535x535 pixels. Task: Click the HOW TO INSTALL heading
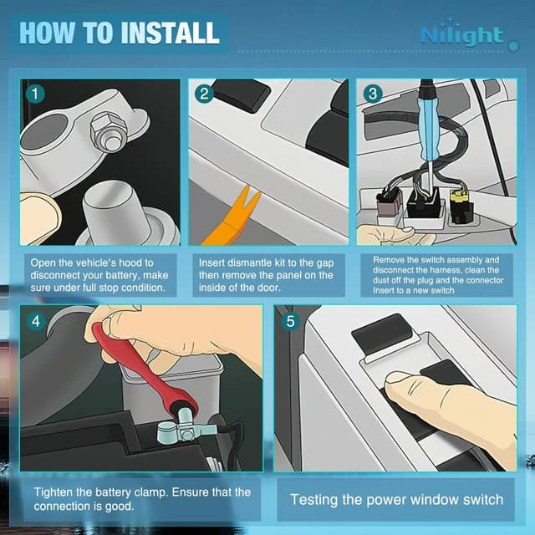[119, 33]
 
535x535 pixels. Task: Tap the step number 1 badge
[33, 93]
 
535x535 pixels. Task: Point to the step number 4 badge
[33, 320]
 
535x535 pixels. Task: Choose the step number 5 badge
[288, 320]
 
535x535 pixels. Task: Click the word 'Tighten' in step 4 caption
[55, 492]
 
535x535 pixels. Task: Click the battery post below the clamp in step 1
[120, 209]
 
